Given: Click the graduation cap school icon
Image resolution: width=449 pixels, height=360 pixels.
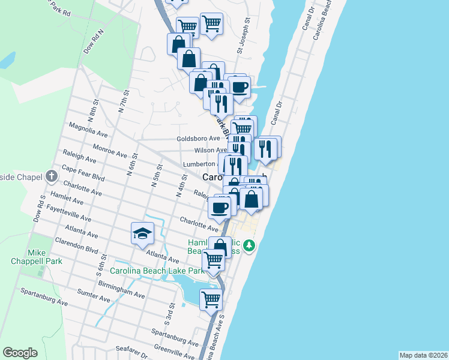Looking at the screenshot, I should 143,233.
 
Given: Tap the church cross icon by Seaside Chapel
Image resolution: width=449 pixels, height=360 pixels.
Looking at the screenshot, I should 51,177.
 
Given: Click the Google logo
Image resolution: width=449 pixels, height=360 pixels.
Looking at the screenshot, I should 20,353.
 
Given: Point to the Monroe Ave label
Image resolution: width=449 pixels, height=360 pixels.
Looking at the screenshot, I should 109,150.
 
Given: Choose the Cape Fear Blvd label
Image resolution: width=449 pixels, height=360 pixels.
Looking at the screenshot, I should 83,175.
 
